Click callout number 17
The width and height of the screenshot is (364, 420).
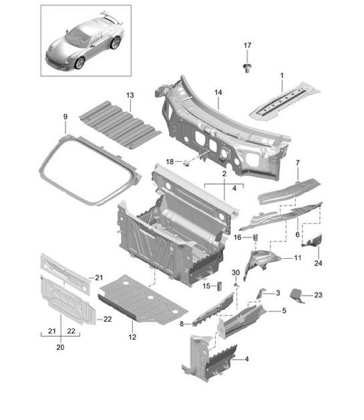(x=247, y=45)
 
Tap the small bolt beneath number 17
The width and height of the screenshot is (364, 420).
(x=247, y=66)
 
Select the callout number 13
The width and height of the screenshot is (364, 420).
(x=130, y=95)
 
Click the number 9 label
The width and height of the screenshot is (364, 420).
(x=65, y=118)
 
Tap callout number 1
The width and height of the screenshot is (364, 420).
(x=282, y=78)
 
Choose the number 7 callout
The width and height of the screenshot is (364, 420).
(x=298, y=163)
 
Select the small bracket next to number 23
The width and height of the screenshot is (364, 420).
(x=299, y=294)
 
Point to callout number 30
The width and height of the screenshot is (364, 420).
(x=235, y=273)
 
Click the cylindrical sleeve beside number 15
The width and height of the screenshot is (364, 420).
(x=217, y=287)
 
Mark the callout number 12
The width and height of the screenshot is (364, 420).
(x=132, y=337)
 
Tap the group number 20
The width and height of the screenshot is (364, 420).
(x=60, y=348)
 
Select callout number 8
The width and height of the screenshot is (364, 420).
(x=182, y=324)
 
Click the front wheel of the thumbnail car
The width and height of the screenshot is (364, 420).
(x=80, y=63)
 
